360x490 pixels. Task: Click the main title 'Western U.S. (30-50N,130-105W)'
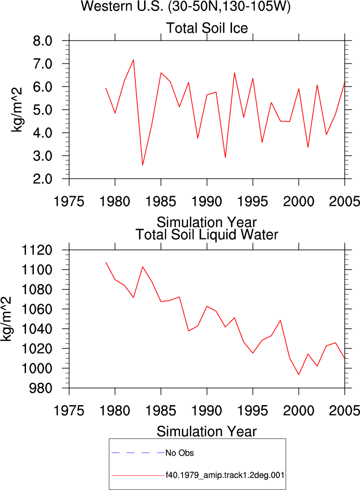(186, 6)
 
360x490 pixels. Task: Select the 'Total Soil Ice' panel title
(207, 28)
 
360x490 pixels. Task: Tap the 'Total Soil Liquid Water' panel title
(207, 234)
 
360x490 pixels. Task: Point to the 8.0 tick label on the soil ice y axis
(43, 41)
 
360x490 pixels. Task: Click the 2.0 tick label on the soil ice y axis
(43, 179)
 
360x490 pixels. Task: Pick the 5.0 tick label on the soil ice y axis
(43, 110)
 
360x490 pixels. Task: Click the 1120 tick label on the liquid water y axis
(36, 250)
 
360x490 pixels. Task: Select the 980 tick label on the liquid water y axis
(41, 388)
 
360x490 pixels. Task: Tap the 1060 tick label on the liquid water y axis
(36, 309)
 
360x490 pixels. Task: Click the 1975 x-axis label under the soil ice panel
(69, 201)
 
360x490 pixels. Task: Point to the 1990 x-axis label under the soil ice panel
(207, 201)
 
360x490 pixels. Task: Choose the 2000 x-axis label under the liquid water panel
(299, 411)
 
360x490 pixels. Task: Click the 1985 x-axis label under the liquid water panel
(161, 411)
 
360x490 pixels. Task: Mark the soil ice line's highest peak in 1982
(133, 60)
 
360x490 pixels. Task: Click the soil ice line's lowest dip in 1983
(143, 165)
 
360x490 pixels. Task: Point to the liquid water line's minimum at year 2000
(299, 374)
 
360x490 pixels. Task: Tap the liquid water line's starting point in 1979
(106, 262)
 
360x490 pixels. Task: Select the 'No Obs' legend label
(179, 453)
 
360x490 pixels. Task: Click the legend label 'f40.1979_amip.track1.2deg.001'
(225, 475)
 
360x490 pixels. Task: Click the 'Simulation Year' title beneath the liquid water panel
(207, 432)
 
